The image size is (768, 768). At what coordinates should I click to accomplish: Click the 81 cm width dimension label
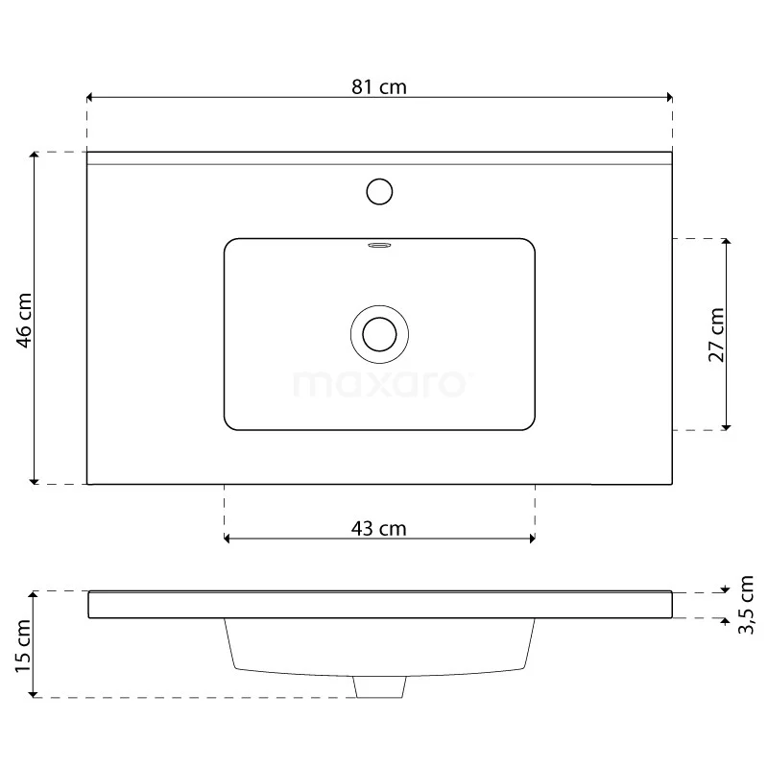tap(379, 86)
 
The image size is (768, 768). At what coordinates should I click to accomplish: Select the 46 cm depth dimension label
tap(26, 319)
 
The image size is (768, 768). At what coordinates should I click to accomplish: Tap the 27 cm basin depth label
tap(716, 334)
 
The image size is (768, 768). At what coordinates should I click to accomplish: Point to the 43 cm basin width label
tap(379, 528)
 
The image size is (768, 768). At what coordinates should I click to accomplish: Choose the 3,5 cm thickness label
tap(746, 605)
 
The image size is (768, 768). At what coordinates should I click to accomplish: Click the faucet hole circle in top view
tap(379, 191)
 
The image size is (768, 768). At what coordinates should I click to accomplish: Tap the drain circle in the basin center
tap(379, 333)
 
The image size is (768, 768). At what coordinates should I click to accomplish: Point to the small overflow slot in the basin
tap(379, 245)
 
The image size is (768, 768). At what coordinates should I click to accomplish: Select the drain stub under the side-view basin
tap(379, 685)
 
